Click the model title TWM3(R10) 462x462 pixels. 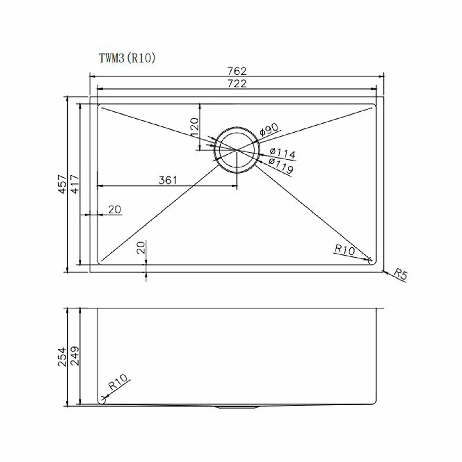[x=127, y=58]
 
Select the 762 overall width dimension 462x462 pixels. [x=237, y=71]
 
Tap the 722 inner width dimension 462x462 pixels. [x=237, y=83]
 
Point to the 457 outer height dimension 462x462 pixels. [x=63, y=184]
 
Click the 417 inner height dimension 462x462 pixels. [x=75, y=184]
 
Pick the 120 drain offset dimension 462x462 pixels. [x=194, y=128]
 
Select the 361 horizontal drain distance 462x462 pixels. [x=167, y=180]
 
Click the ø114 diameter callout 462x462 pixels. [x=282, y=153]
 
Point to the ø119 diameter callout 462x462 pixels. [x=281, y=165]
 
